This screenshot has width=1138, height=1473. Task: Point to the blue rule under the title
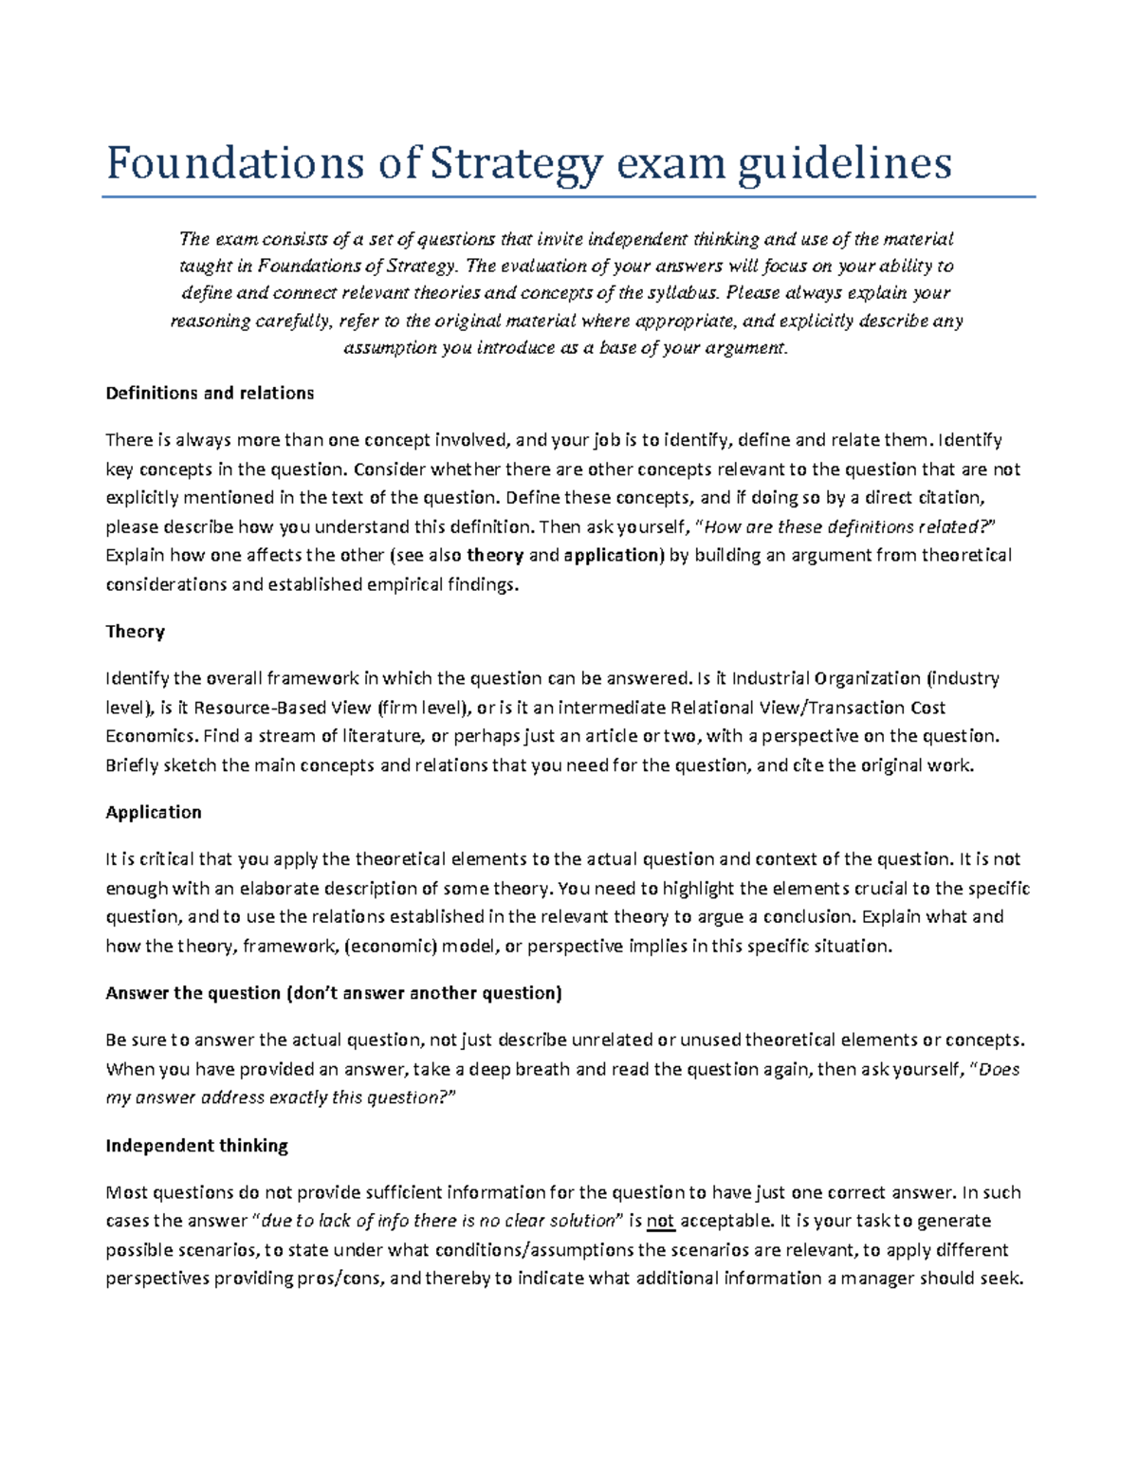coord(568,197)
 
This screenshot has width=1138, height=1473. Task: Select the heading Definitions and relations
coord(210,393)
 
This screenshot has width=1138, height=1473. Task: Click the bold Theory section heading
coord(135,632)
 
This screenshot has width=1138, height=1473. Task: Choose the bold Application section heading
coord(154,812)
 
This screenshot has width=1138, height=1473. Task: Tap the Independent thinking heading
coord(196,1146)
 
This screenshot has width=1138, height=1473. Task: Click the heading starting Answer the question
coord(334,993)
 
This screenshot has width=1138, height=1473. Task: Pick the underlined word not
coord(661,1221)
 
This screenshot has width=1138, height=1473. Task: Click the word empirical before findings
coord(403,585)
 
